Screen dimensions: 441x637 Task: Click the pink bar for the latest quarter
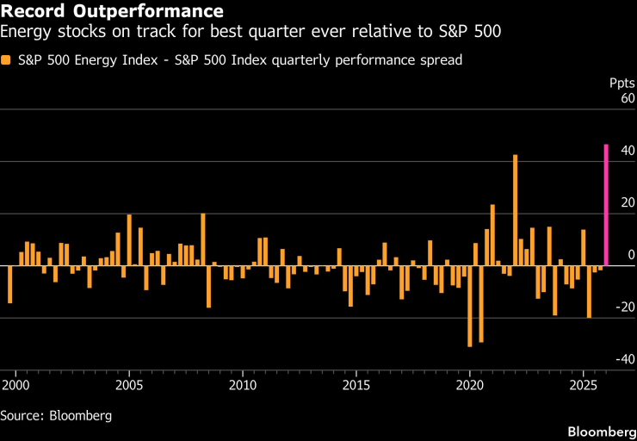(606, 205)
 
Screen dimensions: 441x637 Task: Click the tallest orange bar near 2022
(515, 210)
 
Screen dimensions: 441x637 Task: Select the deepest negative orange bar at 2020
(470, 306)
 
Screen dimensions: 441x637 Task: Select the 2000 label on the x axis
(15, 382)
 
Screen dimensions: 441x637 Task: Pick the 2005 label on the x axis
(129, 382)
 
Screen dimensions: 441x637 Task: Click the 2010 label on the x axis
(243, 382)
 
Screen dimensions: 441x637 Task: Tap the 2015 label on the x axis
(356, 382)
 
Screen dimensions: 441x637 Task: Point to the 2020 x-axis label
(470, 382)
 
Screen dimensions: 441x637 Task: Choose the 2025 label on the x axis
(584, 382)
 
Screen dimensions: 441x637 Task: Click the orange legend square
(6, 60)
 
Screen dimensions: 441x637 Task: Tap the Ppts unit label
(622, 84)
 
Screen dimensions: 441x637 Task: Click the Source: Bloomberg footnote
(56, 415)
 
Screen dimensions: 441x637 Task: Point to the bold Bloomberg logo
(599, 429)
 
